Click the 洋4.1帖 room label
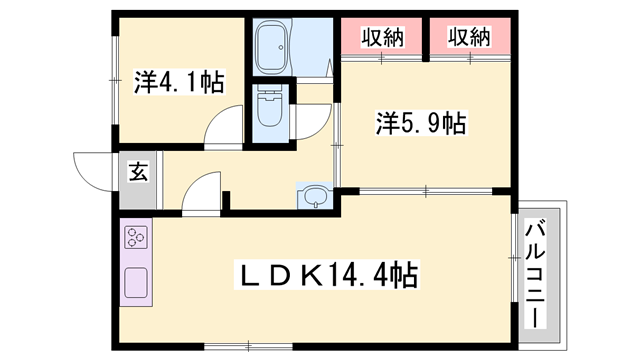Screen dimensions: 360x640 [179, 81]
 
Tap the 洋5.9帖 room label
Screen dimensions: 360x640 [421, 123]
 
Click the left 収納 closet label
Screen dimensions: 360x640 [382, 39]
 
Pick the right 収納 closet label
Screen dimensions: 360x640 [468, 39]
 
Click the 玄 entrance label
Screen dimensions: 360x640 [138, 172]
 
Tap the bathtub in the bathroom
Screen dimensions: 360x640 [274, 46]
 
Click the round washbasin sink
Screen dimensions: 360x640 [314, 195]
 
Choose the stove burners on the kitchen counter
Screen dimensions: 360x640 [136, 238]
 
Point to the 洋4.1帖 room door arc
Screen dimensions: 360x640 [222, 132]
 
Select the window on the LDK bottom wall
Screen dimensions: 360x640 [228, 346]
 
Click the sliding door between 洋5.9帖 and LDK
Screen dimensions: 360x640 [425, 190]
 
